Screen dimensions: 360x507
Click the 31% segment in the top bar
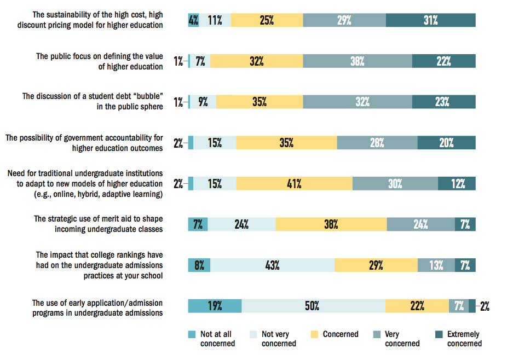coord(430,20)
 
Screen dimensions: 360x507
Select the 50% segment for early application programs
coord(313,306)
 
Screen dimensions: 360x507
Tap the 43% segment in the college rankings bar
coord(272,265)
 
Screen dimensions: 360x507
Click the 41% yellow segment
coord(295,184)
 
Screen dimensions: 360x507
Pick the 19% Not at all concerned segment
coord(215,306)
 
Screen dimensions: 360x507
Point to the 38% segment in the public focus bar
coord(357,61)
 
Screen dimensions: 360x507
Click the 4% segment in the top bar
coord(193,20)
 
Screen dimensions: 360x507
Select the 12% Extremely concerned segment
coord(457,184)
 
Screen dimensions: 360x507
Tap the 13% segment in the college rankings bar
coord(436,265)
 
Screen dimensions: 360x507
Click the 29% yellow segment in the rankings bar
coord(376,265)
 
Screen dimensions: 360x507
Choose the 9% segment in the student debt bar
coord(203,102)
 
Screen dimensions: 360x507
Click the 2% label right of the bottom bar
coord(484,306)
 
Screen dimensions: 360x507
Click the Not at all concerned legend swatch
coord(191,334)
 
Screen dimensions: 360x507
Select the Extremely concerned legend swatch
coord(438,334)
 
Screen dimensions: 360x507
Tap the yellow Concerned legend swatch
coord(314,334)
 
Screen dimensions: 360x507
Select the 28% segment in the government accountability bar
coord(377,143)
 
